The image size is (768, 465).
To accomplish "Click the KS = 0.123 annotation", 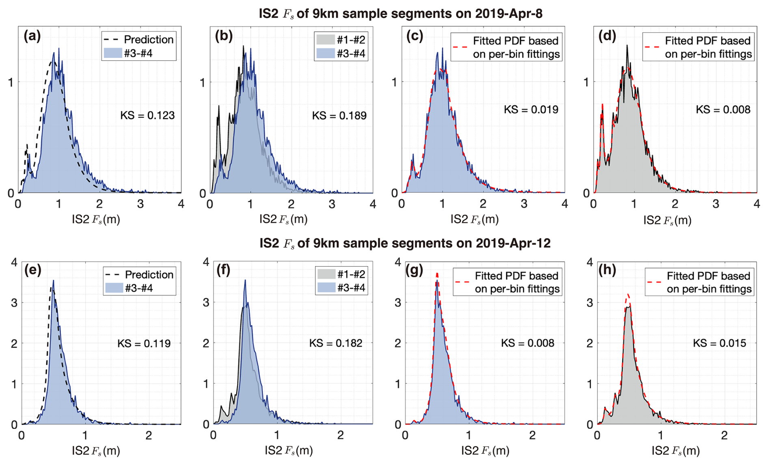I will (x=147, y=116).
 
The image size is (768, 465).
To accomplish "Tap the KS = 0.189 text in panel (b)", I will (x=339, y=116).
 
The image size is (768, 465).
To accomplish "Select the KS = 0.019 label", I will (x=531, y=110).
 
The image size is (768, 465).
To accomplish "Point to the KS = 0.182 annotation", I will (x=336, y=343).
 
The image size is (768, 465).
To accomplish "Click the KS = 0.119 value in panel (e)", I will (x=144, y=344).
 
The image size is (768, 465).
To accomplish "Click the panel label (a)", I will (x=32, y=37).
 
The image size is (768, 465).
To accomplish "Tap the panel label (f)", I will (x=222, y=270).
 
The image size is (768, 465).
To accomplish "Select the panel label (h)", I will (x=607, y=270).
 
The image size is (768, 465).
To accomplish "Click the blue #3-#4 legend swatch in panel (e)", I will (x=114, y=288).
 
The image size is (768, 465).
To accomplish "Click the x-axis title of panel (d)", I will (x=667, y=220).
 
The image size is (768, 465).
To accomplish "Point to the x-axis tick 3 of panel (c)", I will (x=524, y=204).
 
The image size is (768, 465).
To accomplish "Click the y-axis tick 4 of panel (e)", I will (x=15, y=263).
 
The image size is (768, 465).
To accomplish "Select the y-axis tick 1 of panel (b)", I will (x=202, y=83).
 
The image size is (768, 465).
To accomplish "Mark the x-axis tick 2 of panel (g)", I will (x=532, y=436).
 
